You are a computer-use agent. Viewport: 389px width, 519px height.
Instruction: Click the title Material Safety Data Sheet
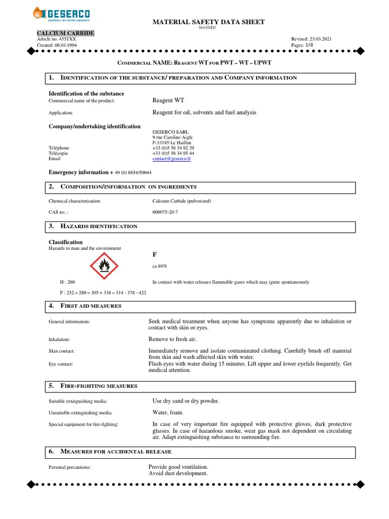[x=209, y=22]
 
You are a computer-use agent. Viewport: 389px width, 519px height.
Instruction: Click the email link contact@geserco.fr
[x=173, y=159]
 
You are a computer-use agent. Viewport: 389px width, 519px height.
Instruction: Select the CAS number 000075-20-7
[x=165, y=212]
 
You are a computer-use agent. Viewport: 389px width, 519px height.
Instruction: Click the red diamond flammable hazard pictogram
[x=104, y=265]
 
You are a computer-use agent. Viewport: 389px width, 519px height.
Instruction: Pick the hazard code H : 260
[x=67, y=282]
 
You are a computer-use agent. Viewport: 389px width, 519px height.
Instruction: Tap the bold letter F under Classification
[x=154, y=253]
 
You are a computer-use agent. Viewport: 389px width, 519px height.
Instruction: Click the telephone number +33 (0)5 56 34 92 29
[x=173, y=148]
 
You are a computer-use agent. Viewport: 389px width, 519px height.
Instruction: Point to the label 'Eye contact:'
[x=61, y=364]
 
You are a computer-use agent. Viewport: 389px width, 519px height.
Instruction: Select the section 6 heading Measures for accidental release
[x=116, y=451]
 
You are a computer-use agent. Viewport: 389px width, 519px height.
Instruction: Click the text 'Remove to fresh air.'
[x=172, y=340]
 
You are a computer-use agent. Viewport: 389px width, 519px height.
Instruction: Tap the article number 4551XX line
[x=57, y=39]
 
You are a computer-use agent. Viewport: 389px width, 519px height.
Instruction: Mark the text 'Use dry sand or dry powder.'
[x=186, y=401]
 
